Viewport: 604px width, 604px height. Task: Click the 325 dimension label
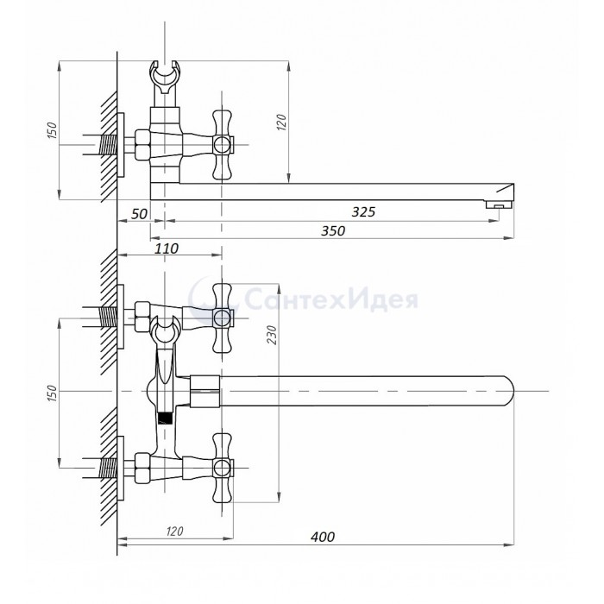click(x=363, y=211)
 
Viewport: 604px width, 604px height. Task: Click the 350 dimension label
click(x=333, y=230)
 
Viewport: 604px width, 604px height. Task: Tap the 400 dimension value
click(x=323, y=537)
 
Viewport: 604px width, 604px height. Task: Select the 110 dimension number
click(x=167, y=249)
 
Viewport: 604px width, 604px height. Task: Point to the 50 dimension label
click(x=139, y=214)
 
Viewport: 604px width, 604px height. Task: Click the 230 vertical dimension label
click(x=272, y=335)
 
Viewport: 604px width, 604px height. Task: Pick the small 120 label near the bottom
click(x=174, y=532)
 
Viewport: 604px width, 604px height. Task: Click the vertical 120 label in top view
click(x=281, y=123)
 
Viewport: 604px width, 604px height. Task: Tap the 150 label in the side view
click(x=52, y=130)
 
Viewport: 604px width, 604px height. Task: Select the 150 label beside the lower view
click(x=52, y=393)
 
